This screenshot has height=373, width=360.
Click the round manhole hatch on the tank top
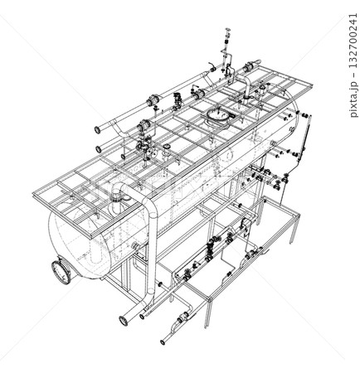[218, 114]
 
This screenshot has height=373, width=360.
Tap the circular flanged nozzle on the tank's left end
[61, 270]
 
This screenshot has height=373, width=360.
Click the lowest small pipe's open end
[164, 340]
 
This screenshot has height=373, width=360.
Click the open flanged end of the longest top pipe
[99, 129]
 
